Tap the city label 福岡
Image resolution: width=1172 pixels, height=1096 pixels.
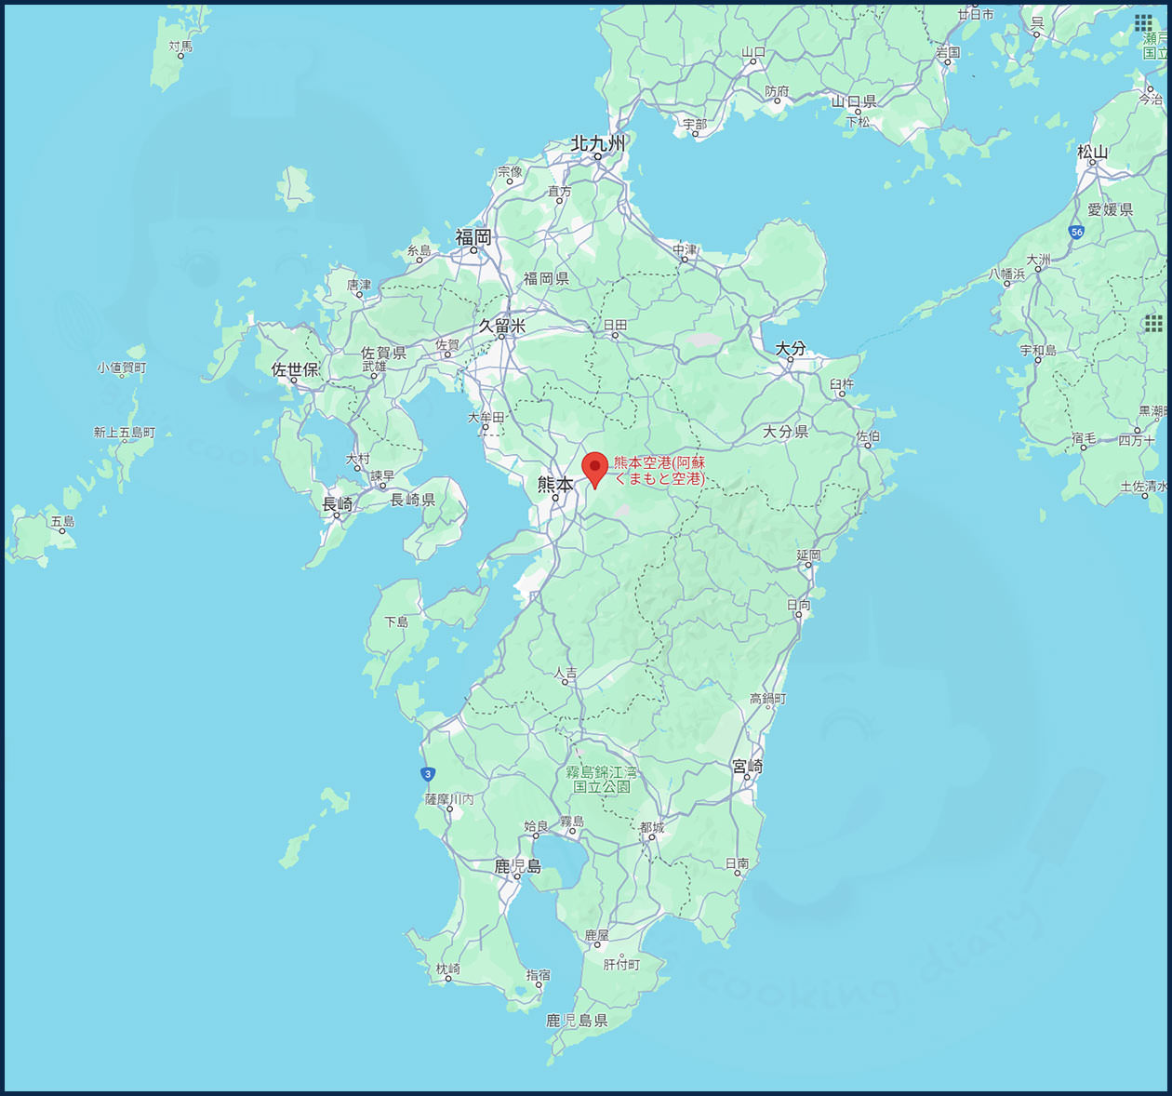pyautogui.click(x=473, y=237)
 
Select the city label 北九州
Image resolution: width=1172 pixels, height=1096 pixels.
pyautogui.click(x=597, y=143)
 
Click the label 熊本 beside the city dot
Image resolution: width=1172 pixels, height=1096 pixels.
pyautogui.click(x=555, y=484)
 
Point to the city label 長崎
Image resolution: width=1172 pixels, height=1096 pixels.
pyautogui.click(x=337, y=504)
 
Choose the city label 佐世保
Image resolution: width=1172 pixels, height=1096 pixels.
pyautogui.click(x=295, y=369)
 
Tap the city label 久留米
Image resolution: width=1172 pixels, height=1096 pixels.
pyautogui.click(x=502, y=326)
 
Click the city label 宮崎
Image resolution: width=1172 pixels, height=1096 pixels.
pyautogui.click(x=747, y=766)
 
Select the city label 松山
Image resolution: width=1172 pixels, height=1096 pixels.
pyautogui.click(x=1092, y=152)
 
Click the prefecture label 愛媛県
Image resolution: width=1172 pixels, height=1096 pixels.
pyautogui.click(x=1110, y=209)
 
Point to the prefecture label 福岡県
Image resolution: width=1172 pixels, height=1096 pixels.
pyautogui.click(x=545, y=278)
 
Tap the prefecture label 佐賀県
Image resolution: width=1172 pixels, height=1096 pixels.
pyautogui.click(x=383, y=353)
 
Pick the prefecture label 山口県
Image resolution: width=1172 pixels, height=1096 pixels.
pyautogui.click(x=853, y=101)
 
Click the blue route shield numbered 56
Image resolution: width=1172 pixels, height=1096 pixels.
pyautogui.click(x=1076, y=233)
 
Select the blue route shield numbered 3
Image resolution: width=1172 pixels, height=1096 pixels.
pyautogui.click(x=427, y=774)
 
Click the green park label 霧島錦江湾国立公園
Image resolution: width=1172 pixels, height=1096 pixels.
pyautogui.click(x=602, y=780)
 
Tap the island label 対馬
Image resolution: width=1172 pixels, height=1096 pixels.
pyautogui.click(x=180, y=46)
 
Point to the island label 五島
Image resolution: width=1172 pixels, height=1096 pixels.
pyautogui.click(x=62, y=521)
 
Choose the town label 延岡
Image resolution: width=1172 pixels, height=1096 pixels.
pyautogui.click(x=808, y=555)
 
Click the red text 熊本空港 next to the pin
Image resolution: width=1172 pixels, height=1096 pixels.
pyautogui.click(x=659, y=471)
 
